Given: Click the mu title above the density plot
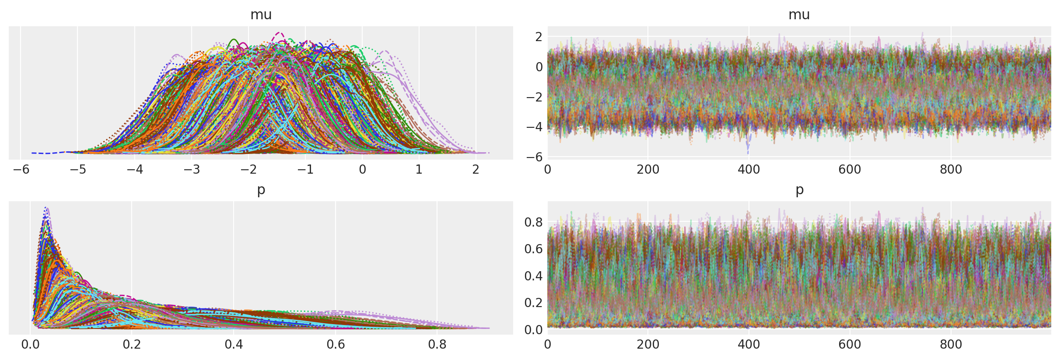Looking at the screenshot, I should click(261, 15).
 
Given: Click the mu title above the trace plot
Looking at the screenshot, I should click(799, 15).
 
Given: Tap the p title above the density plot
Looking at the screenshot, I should click(261, 190).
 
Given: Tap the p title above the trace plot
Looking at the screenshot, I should click(799, 190).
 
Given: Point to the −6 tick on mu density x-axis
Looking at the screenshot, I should click(21, 169).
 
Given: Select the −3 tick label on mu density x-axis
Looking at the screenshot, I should click(192, 169).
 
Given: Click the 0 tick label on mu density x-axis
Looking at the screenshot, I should click(362, 169).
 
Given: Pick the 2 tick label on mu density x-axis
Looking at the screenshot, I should click(476, 169).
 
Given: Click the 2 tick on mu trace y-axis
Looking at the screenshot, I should click(539, 37).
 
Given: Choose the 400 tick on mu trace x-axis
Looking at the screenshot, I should click(749, 169).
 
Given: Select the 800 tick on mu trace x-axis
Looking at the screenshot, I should click(951, 169).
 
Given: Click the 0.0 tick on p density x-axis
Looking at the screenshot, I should click(30, 345).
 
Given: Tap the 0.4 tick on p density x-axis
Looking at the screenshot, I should click(234, 345).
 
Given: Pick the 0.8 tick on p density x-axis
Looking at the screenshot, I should click(437, 345).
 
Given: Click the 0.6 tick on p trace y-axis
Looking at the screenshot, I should click(533, 249).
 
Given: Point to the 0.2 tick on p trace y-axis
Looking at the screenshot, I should click(533, 303).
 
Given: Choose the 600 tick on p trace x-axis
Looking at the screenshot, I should click(850, 345).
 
